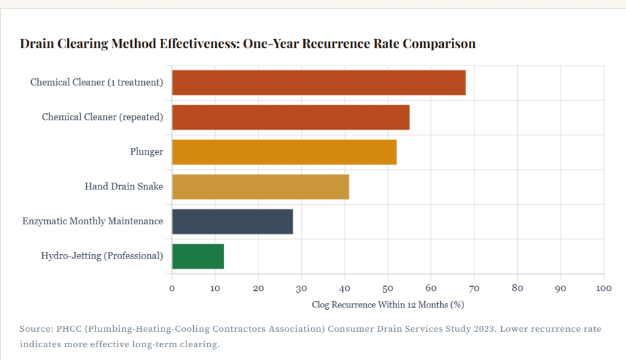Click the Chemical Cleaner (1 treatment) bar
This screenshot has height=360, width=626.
point(319,83)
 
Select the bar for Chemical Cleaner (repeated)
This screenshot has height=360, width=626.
point(290,117)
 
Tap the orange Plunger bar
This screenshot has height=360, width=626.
point(284,152)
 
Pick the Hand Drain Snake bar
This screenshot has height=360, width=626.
point(260,186)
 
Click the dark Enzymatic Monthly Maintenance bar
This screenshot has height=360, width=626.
point(232,221)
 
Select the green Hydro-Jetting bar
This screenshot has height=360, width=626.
point(198,256)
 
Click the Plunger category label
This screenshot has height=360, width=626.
point(146,152)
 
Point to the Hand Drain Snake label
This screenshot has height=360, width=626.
point(123,186)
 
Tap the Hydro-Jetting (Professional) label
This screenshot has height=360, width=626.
point(102,256)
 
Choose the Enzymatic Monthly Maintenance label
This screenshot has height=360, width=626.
point(92,221)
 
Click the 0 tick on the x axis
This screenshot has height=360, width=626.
point(172,288)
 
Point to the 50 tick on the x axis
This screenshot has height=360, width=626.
point(388,288)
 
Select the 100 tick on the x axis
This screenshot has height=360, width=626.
point(603,288)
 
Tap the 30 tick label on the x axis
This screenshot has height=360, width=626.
point(301,288)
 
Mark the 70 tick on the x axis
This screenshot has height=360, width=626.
point(474,288)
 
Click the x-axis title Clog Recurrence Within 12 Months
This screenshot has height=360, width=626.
point(388,304)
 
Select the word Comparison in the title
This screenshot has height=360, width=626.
point(439,44)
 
